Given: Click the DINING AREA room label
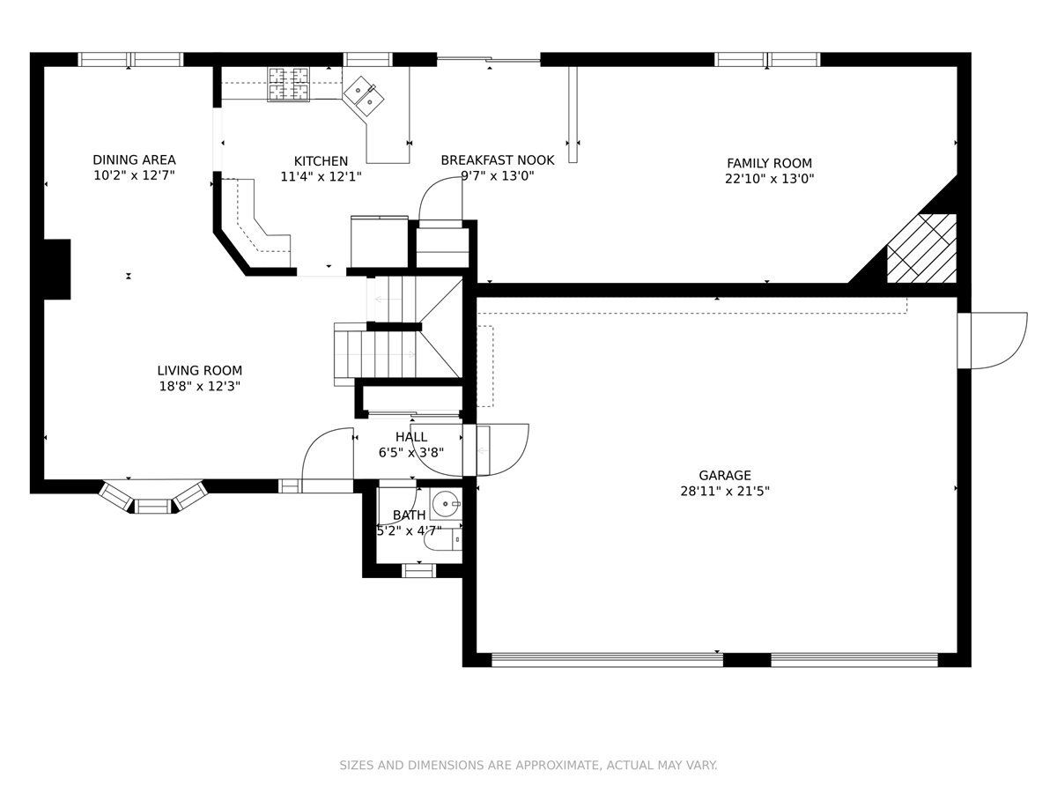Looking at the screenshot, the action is (x=134, y=159).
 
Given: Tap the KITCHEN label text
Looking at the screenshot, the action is (x=321, y=161).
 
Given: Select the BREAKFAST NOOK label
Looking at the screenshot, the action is (x=498, y=159).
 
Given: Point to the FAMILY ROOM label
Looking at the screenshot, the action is (x=769, y=163).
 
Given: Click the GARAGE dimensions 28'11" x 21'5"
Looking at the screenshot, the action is (x=725, y=491).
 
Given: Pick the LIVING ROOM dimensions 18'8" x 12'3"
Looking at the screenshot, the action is (x=199, y=386).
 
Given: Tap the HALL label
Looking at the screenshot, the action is (x=411, y=437).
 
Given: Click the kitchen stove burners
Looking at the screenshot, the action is (x=288, y=85).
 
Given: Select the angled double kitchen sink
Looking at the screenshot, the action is (x=364, y=96).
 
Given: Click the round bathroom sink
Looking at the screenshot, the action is (x=446, y=504).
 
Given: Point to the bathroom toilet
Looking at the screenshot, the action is (x=444, y=540).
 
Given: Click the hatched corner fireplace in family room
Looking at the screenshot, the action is (x=921, y=248).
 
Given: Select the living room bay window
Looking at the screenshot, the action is (x=152, y=497).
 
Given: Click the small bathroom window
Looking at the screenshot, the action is (x=418, y=571).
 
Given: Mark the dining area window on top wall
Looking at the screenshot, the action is (x=130, y=59).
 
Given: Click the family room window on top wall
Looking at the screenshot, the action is (x=767, y=59).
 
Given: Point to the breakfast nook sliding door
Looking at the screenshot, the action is (x=488, y=60).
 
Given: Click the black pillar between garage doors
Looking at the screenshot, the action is (x=747, y=660).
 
